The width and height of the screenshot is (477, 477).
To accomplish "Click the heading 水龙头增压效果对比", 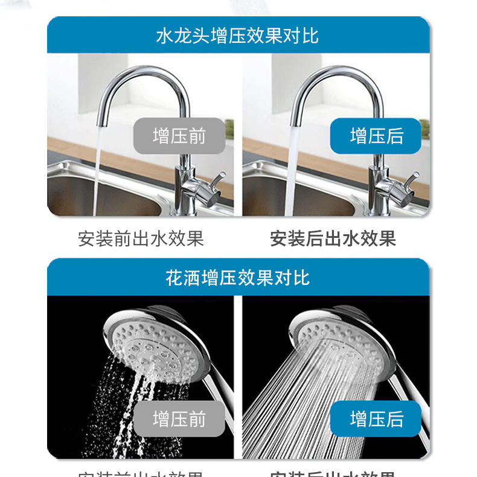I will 237,36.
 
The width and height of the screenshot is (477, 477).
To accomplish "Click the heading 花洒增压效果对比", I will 237,278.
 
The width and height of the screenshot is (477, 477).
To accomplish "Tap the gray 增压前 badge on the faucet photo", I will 179,136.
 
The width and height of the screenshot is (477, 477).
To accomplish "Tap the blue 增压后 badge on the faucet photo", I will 376,136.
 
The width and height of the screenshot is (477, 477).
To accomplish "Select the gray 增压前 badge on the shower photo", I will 179,418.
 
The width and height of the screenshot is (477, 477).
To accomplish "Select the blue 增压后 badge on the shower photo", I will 376,418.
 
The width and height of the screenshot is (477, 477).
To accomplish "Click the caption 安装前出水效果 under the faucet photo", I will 141,238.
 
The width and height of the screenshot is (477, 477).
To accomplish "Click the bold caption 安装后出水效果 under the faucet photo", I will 333,238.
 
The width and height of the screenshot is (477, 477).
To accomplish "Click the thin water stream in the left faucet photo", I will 97,175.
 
